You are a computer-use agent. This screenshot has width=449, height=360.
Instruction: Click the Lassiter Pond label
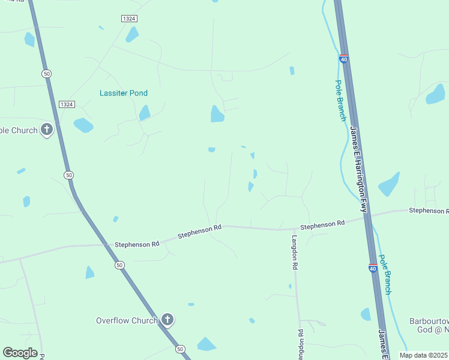(124, 93)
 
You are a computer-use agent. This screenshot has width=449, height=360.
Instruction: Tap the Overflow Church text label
(127, 320)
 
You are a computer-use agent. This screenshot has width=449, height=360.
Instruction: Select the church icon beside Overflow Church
(167, 320)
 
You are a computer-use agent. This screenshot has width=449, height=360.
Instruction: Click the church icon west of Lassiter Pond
(47, 129)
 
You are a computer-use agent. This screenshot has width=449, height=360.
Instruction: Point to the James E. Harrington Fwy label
(359, 170)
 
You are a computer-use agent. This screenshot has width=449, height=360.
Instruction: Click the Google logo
(20, 353)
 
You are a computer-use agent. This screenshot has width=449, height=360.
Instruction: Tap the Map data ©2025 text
(423, 355)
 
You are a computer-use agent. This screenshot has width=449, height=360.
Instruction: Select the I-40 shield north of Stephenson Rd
(343, 59)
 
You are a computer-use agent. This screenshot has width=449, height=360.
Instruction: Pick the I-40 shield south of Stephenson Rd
(373, 268)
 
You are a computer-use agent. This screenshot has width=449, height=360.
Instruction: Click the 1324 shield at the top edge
(129, 19)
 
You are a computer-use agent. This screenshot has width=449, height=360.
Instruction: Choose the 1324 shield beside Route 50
(67, 104)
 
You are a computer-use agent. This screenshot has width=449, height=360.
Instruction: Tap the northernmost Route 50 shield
(46, 73)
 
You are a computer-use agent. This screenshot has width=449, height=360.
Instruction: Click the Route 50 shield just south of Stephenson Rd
(119, 265)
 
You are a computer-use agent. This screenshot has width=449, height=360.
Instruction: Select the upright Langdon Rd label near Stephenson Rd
(295, 251)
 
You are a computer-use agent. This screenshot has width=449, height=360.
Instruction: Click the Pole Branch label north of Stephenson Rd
(340, 101)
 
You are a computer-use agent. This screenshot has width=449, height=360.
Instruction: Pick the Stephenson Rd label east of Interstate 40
(428, 211)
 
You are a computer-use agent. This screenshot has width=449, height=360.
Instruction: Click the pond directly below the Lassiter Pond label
(145, 112)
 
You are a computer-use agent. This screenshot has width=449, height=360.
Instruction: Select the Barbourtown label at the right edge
(429, 321)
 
